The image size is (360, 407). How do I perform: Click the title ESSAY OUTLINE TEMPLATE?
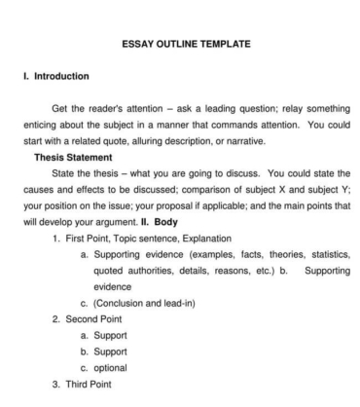[186, 43]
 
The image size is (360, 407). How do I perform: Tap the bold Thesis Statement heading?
[74, 157]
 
